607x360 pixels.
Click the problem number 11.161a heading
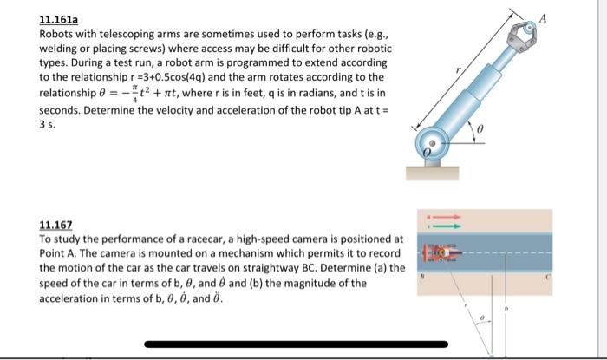click(60, 18)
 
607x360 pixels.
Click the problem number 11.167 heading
click(56, 224)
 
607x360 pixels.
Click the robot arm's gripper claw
click(524, 33)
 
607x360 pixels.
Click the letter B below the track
click(423, 278)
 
